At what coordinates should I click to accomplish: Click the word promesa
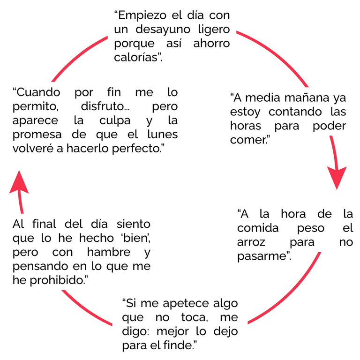38,135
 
